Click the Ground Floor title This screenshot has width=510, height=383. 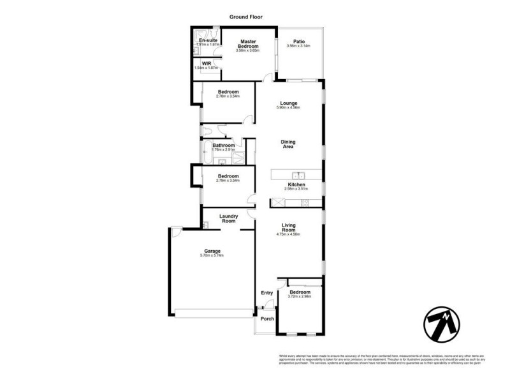[x=245, y=17]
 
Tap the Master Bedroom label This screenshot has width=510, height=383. [x=248, y=43]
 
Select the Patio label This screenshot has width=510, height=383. [x=298, y=41]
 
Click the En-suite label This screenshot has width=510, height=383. [x=208, y=41]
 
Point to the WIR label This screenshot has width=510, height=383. [x=207, y=63]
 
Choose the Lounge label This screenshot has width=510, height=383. [x=289, y=103]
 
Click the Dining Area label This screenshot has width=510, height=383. [x=289, y=144]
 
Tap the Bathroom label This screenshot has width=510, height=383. [x=224, y=146]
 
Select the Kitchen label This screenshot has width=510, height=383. [x=297, y=184]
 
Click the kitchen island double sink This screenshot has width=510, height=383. [x=298, y=175]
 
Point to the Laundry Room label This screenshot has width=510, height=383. [x=228, y=219]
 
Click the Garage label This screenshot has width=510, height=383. [x=212, y=251]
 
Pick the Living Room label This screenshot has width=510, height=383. [x=289, y=227]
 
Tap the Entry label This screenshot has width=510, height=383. [x=266, y=293]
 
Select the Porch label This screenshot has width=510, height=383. [x=266, y=319]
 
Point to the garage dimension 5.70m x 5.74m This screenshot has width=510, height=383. [x=212, y=256]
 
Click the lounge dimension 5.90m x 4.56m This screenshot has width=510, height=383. [x=289, y=108]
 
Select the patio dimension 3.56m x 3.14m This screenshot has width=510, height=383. [x=298, y=46]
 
